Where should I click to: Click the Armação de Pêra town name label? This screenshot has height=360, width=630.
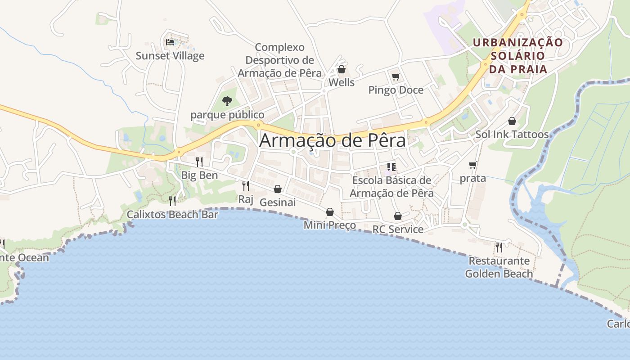pyautogui.click(x=333, y=140)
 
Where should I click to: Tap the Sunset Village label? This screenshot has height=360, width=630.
pyautogui.click(x=170, y=56)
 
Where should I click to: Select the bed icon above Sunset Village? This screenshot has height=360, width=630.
pyautogui.click(x=170, y=42)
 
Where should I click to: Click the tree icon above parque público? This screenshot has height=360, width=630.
pyautogui.click(x=227, y=101)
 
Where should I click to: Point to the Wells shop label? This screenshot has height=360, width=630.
pyautogui.click(x=342, y=82)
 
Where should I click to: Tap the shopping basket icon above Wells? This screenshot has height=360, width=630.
pyautogui.click(x=342, y=69)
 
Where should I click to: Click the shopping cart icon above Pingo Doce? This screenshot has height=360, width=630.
pyautogui.click(x=396, y=77)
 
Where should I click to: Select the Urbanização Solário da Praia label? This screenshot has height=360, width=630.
pyautogui.click(x=518, y=56)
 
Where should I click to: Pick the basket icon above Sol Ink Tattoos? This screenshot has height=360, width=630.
pyautogui.click(x=512, y=121)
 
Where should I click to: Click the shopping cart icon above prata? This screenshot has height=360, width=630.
pyautogui.click(x=472, y=165)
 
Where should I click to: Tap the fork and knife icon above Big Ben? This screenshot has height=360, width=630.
pyautogui.click(x=199, y=162)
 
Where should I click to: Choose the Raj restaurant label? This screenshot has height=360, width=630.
pyautogui.click(x=246, y=199)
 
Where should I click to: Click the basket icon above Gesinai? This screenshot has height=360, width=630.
pyautogui.click(x=278, y=189)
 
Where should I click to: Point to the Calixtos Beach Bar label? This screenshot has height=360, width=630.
pyautogui.click(x=172, y=214)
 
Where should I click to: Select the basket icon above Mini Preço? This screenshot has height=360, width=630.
pyautogui.click(x=330, y=212)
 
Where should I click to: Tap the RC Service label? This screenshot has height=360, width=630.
pyautogui.click(x=398, y=229)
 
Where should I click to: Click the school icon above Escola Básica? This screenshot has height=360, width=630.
pyautogui.click(x=391, y=167)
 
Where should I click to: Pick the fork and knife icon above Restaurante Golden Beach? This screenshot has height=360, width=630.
pyautogui.click(x=499, y=247)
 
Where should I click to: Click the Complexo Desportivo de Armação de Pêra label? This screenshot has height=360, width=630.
pyautogui.click(x=280, y=60)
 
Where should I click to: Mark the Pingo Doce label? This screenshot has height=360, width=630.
pyautogui.click(x=396, y=90)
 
